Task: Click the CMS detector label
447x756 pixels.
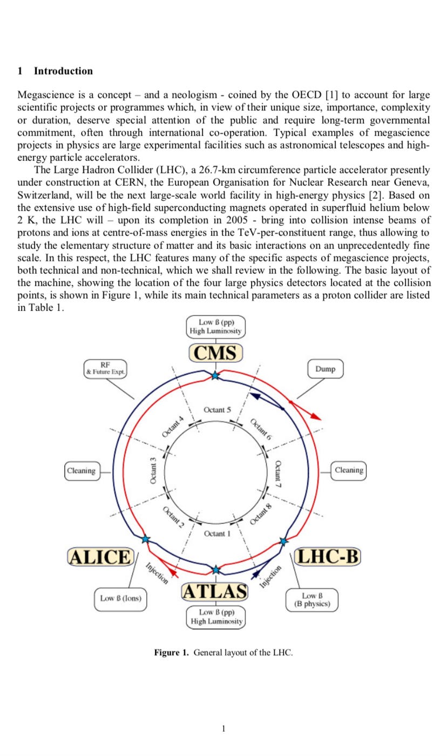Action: tap(216, 353)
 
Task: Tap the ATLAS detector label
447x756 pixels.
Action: tap(215, 592)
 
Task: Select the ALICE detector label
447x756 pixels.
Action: tap(99, 556)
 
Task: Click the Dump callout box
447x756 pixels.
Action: tap(325, 369)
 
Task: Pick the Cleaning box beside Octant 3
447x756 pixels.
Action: tap(82, 470)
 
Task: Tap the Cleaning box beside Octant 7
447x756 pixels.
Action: tap(349, 470)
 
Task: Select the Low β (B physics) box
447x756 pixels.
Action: tap(312, 599)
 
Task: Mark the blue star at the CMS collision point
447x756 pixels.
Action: tap(215, 375)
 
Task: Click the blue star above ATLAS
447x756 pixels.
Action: tap(216, 570)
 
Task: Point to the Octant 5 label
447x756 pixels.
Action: tap(217, 410)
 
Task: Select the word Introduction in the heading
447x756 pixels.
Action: tap(63, 71)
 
